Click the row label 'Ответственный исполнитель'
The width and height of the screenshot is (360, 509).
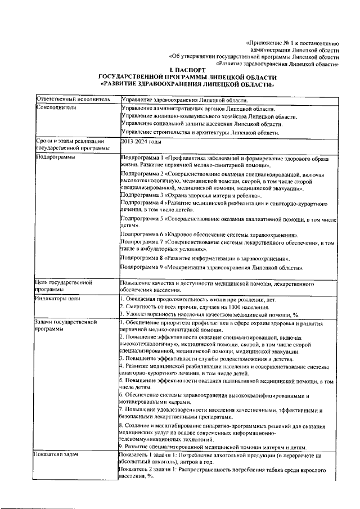pyautogui.click(x=70, y=99)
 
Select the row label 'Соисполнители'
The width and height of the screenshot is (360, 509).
pyautogui.click(x=55, y=107)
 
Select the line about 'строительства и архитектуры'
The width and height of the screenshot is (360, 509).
pyautogui.click(x=200, y=132)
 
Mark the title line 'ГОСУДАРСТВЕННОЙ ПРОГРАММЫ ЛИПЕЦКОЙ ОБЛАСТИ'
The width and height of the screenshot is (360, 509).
pyautogui.click(x=187, y=78)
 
